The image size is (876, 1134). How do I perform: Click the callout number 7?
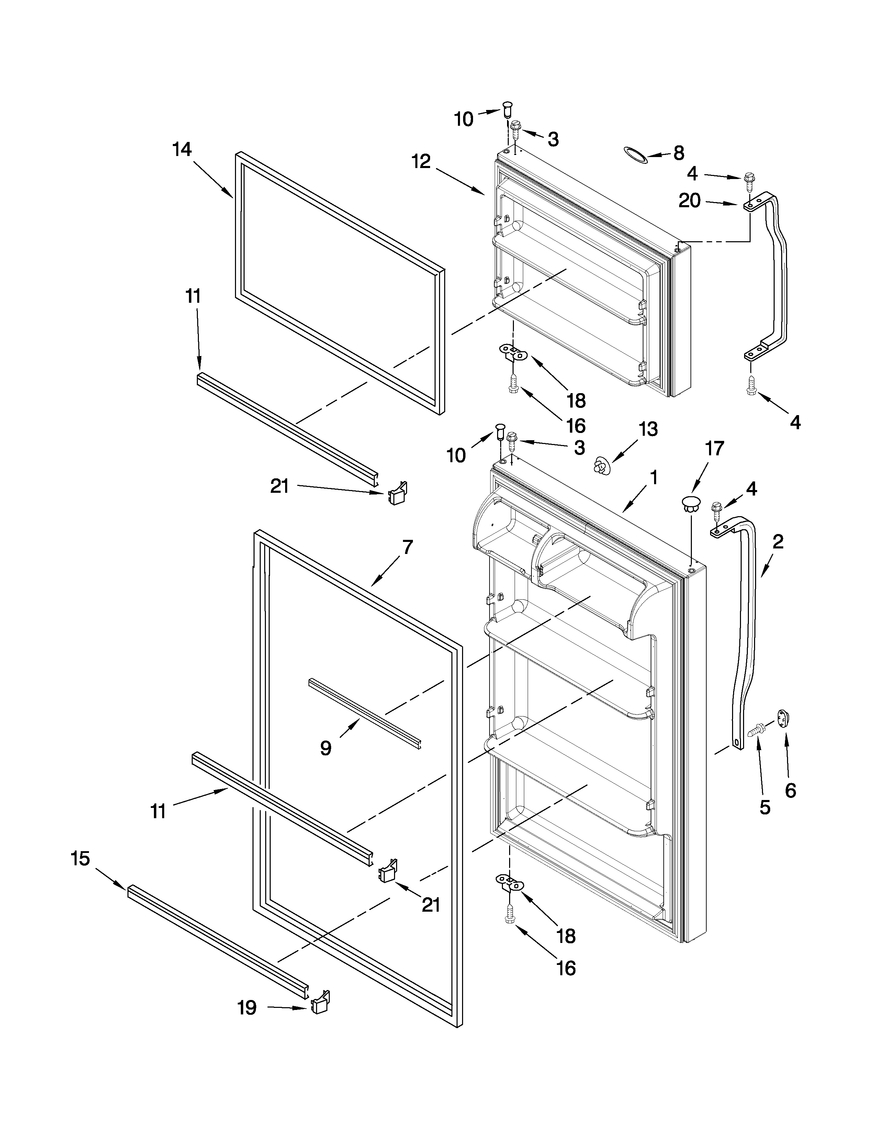407,547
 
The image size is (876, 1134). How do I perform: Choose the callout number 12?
422,162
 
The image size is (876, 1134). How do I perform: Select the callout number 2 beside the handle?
777,542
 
